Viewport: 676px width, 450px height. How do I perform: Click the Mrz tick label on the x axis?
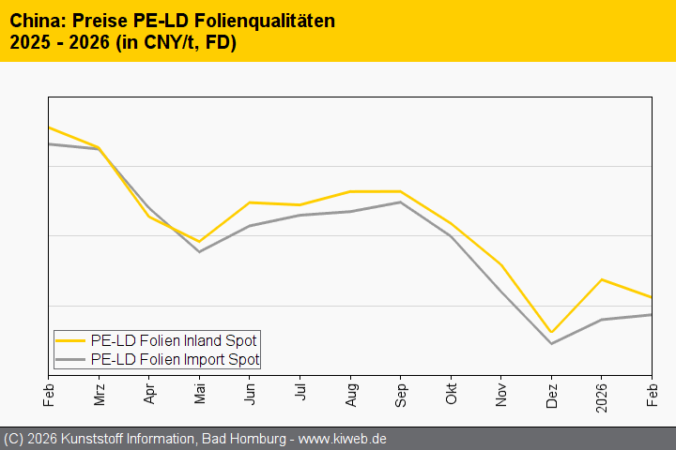coord(99,393)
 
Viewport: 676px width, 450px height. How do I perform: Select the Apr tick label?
coord(149,393)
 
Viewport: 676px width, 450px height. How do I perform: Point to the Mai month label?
coord(199,393)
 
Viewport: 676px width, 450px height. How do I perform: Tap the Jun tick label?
coord(250,393)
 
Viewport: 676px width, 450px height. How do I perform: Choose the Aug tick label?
coord(350,393)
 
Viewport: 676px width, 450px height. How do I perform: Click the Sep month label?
coord(401,393)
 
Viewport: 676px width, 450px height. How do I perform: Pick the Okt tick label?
coord(451,393)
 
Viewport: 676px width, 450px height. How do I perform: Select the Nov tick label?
coord(501,393)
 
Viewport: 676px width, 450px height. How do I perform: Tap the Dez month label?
coord(551,393)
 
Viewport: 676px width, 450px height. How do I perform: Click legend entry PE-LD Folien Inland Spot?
coord(174,340)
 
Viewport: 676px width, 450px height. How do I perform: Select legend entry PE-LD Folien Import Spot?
coord(175,359)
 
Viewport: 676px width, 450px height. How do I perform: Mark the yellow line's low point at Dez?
coord(551,332)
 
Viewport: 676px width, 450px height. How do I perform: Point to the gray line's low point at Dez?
coord(551,343)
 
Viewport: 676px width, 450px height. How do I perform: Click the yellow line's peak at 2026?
coord(602,279)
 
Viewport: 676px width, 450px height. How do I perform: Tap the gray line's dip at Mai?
coord(199,251)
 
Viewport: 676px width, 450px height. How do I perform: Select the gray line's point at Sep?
coord(401,202)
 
